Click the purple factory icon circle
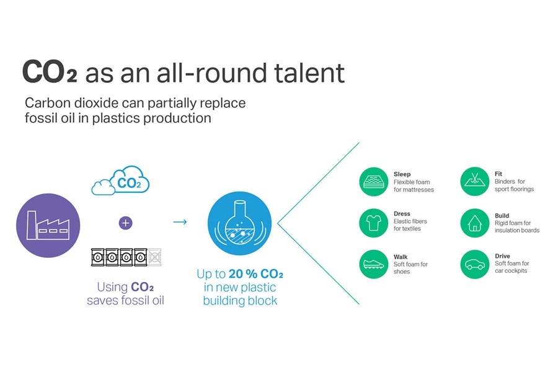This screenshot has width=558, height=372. click(x=48, y=225)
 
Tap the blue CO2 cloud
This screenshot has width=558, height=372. click(x=120, y=181)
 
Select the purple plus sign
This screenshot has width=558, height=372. click(x=125, y=223)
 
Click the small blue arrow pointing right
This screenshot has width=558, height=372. click(x=180, y=222)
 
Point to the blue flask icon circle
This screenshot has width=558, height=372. click(x=239, y=223)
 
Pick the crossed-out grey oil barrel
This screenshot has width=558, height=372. click(x=155, y=257)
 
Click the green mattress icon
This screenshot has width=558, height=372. click(x=373, y=182)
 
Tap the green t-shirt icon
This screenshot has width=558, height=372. click(x=373, y=223)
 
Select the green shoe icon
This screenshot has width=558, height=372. click(x=373, y=264)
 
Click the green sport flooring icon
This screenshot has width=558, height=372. click(x=475, y=181)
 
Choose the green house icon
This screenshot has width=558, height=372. click(x=475, y=223)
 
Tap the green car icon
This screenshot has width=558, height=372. click(x=475, y=264)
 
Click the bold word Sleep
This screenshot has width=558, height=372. click(x=402, y=174)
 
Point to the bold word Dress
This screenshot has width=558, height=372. click(x=402, y=213)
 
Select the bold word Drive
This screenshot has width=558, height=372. click(x=502, y=256)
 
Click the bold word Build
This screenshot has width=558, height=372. click(x=502, y=216)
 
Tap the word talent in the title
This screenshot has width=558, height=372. click(x=309, y=73)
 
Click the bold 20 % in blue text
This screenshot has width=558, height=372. click(x=242, y=274)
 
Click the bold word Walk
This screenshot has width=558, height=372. click(x=401, y=257)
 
